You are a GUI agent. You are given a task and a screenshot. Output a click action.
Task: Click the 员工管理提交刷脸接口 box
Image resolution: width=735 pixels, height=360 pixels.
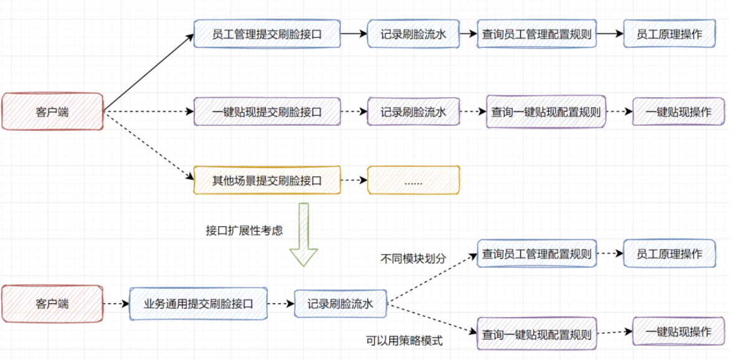[267, 34]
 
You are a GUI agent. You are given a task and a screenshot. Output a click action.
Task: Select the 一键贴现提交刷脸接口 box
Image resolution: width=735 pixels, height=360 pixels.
[267, 112]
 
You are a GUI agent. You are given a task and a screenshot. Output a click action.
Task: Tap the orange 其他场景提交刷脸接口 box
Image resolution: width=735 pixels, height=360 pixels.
[267, 181]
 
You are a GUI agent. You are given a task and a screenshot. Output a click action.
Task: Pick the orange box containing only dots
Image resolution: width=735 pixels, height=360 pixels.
[413, 181]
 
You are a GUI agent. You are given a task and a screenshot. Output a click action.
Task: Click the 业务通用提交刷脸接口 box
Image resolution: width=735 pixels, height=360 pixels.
[199, 304]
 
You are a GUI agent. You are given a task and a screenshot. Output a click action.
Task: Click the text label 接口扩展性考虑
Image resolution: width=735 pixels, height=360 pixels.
[244, 230]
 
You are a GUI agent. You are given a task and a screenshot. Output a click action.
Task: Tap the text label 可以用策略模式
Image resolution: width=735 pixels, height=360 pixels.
[405, 341]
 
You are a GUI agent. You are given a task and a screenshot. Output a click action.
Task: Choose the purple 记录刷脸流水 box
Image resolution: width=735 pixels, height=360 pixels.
[414, 112]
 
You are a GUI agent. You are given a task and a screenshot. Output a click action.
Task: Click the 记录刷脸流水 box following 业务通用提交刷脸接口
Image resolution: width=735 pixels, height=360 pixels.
[340, 304]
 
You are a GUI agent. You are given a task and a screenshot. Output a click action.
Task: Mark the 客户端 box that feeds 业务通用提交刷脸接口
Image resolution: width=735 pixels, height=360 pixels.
[52, 304]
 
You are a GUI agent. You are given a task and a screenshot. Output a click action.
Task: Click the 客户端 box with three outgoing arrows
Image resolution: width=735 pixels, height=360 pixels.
[52, 112]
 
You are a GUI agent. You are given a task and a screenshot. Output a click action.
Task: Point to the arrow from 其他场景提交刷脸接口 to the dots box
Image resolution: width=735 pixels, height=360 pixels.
[354, 181]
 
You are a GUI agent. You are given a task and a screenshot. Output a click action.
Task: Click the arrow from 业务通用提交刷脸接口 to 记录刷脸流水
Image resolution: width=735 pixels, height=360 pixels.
[280, 304]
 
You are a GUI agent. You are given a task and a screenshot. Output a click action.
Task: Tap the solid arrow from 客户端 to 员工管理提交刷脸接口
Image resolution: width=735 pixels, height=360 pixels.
[148, 72]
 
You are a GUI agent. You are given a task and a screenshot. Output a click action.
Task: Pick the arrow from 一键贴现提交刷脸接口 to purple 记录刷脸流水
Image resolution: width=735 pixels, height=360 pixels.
[354, 112]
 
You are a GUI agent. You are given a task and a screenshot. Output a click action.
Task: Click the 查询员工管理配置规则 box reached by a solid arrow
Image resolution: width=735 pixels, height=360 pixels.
[536, 34]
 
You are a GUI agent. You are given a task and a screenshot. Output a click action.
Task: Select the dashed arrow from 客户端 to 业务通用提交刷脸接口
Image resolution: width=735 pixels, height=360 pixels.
[116, 304]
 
